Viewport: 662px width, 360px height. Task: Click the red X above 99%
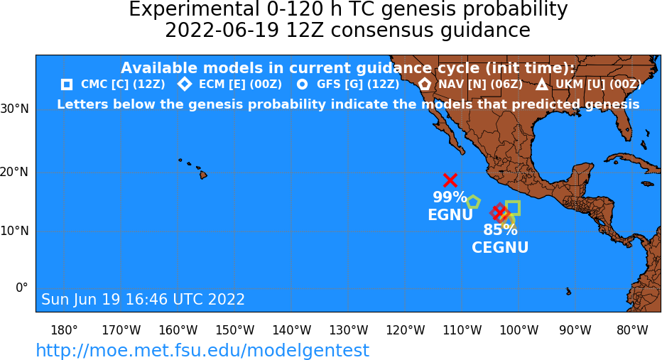coord(450,180)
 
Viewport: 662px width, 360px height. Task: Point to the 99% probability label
coord(450,197)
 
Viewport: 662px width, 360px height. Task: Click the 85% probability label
coord(500,230)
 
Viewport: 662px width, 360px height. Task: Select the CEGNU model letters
coord(500,247)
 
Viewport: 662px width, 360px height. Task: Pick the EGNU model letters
coord(450,215)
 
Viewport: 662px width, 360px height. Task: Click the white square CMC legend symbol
coord(67,84)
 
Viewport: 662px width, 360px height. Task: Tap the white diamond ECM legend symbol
coord(185,84)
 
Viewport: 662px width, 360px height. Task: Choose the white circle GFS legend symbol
coord(303,84)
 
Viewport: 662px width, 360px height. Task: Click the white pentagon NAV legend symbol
coord(425,84)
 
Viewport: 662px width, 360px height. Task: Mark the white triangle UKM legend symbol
coord(542,84)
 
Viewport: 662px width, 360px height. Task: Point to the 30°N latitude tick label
coord(14,109)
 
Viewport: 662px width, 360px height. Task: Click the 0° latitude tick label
coord(21,288)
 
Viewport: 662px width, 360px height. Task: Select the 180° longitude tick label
coord(64,330)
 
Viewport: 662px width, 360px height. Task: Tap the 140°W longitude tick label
coord(292,330)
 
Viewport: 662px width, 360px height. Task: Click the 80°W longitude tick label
coord(632,330)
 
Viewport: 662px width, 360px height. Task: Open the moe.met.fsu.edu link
coord(202,350)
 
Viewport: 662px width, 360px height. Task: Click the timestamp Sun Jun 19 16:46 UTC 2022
coord(143,299)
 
